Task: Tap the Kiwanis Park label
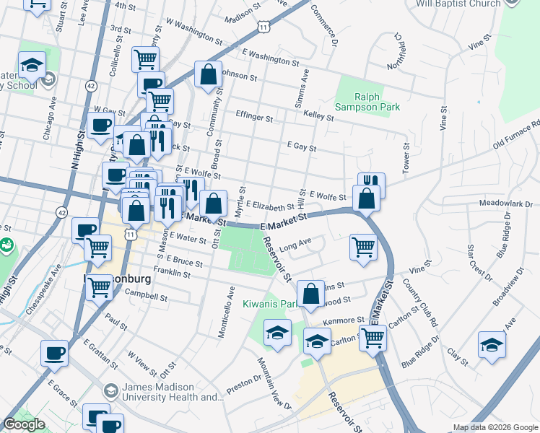pos(270,304)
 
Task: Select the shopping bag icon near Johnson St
pos(208,74)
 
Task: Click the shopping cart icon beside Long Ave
pos(363,247)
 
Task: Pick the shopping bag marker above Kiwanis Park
pos(310,294)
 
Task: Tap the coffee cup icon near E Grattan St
pos(54,354)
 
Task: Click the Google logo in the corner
pos(25,425)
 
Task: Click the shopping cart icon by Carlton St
pos(373,337)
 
